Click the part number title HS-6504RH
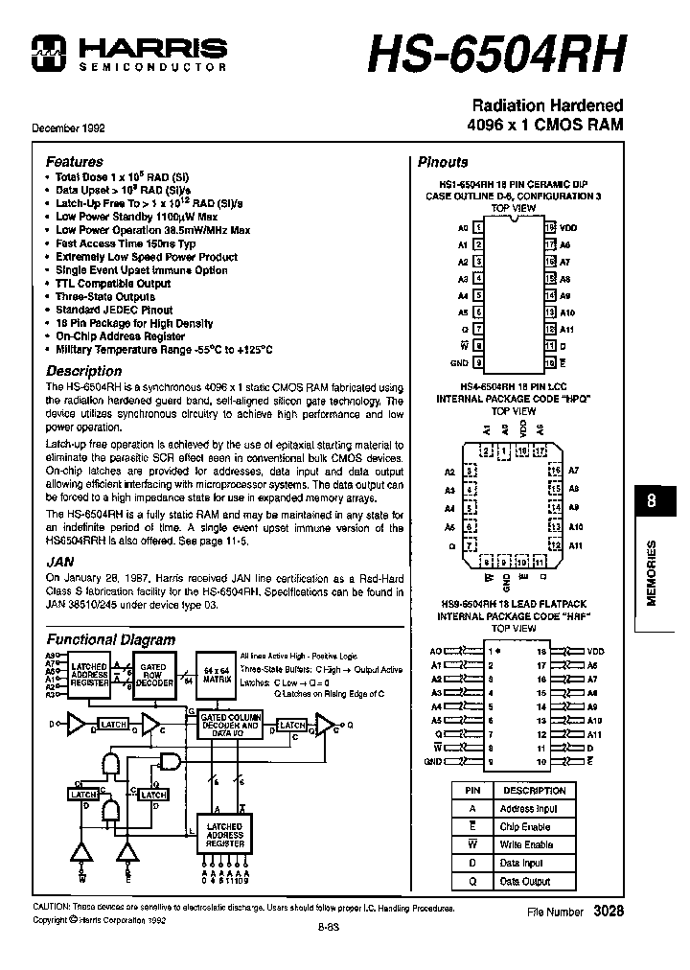tap(496, 53)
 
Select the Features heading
tap(74, 162)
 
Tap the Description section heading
tap(84, 371)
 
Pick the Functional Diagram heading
tap(111, 639)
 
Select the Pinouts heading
tap(443, 162)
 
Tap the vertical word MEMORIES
tap(652, 572)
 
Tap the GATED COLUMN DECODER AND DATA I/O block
tap(230, 726)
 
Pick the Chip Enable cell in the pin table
tap(526, 826)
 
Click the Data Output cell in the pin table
tap(526, 881)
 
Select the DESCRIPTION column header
tap(534, 791)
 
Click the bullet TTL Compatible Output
tap(113, 284)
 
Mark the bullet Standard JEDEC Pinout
tap(114, 311)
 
